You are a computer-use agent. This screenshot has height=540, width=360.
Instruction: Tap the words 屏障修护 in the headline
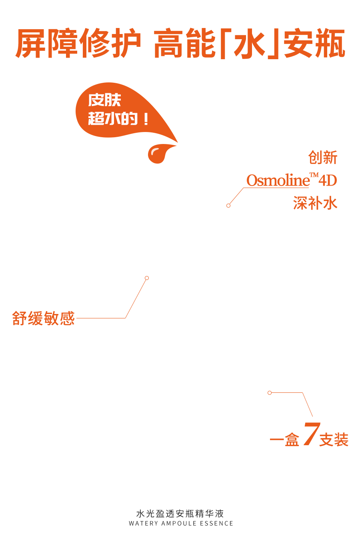78,43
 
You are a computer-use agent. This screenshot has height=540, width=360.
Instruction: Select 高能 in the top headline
184,43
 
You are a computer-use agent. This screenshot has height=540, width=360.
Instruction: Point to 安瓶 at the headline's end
314,43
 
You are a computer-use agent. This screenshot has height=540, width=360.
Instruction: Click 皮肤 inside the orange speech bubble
104,100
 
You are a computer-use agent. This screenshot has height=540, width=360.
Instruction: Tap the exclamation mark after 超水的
146,119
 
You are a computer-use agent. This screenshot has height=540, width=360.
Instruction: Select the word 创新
322,158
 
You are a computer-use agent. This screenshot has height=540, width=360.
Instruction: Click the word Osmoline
278,180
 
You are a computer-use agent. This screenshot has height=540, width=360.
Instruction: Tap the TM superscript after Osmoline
314,175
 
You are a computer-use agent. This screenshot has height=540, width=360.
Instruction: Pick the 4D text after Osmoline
328,180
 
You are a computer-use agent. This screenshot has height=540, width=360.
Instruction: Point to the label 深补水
315,203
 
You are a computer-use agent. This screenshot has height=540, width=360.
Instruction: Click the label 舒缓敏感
44,318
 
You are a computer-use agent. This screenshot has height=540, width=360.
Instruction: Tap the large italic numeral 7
311,434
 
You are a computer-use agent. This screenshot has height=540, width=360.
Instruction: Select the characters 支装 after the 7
334,440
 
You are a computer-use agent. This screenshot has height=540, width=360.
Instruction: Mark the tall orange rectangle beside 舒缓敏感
135,299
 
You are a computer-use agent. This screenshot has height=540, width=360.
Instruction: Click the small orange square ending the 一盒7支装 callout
270,393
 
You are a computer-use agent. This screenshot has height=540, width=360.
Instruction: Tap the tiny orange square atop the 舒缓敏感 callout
147,278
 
